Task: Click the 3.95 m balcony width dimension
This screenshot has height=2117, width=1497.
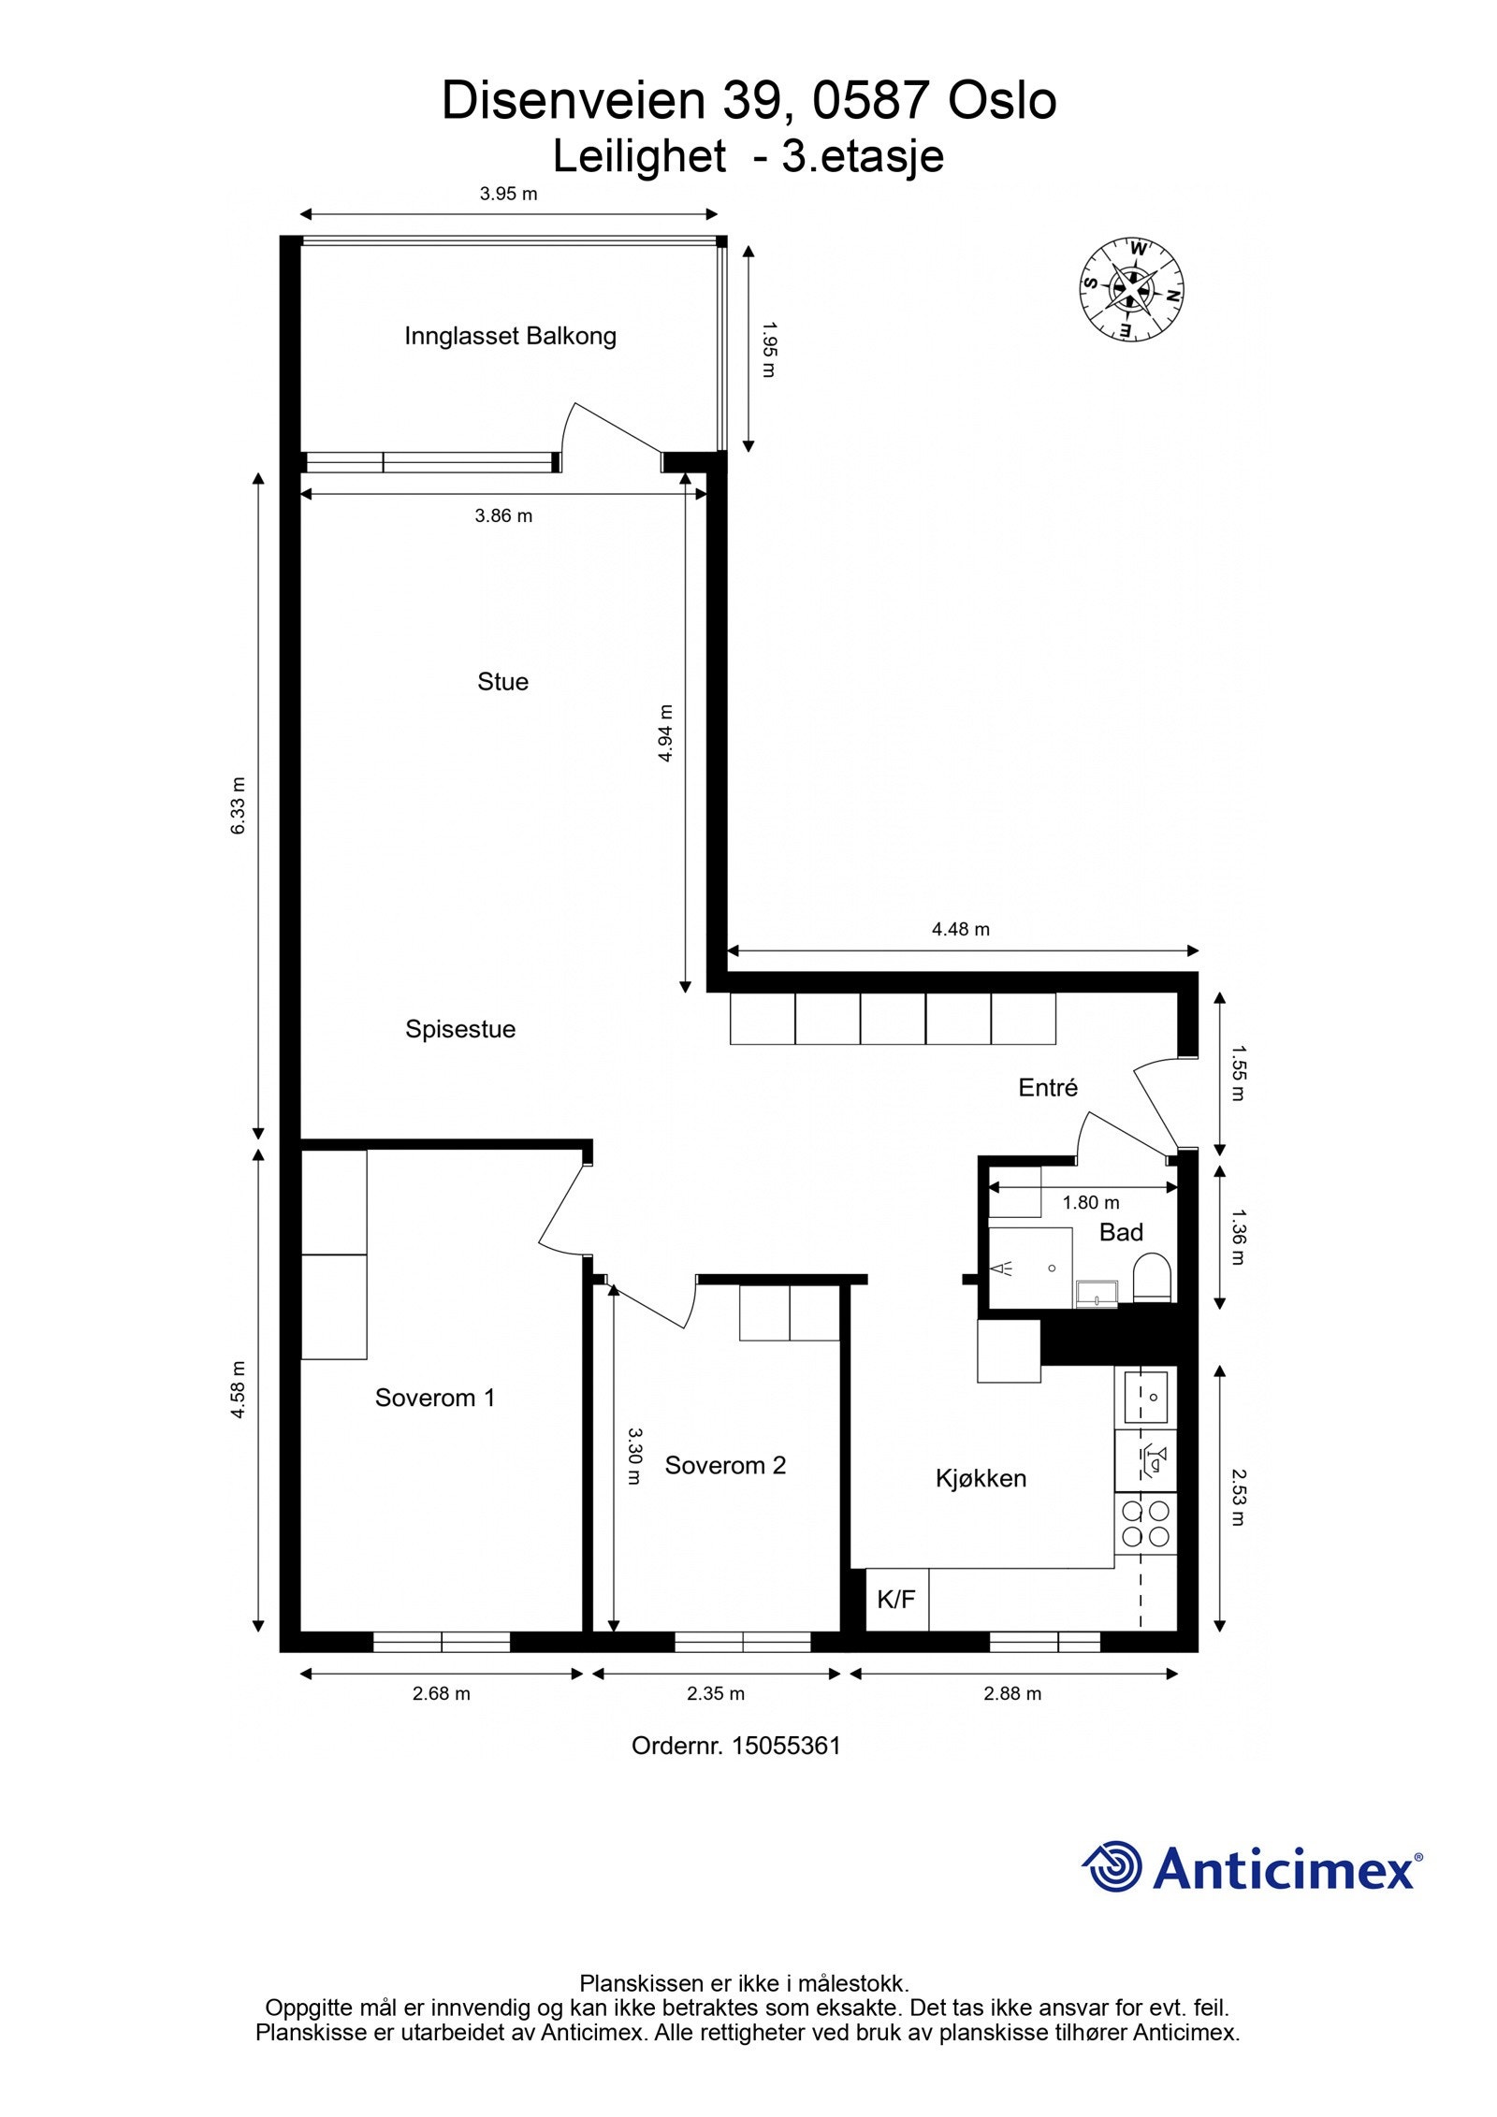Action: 509,195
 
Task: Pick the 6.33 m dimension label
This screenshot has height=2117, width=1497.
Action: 239,805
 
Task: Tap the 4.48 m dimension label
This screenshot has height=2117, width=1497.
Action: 961,929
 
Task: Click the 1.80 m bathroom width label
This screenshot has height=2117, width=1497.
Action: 1091,1203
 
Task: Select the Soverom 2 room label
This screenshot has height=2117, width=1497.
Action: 725,1465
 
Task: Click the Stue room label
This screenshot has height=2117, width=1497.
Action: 502,682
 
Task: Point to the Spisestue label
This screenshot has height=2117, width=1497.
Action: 460,1030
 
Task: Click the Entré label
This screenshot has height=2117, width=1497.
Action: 1048,1087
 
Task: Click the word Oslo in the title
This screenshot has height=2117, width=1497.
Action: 1002,101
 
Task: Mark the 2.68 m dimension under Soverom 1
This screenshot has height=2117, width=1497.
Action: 442,1694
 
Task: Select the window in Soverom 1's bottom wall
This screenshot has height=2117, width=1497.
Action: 442,1642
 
